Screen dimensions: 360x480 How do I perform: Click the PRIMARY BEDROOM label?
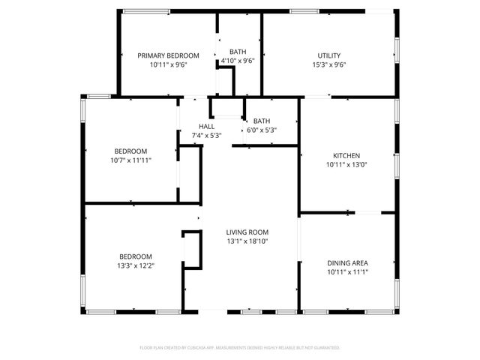click(168, 55)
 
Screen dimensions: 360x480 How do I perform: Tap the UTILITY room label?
click(329, 55)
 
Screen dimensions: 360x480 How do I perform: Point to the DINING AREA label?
click(347, 262)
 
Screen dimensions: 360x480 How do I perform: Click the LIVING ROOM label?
click(247, 232)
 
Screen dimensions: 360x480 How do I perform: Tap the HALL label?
click(207, 126)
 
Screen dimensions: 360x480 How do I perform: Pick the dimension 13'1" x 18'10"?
click(247, 241)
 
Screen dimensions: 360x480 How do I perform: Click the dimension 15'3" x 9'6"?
click(329, 64)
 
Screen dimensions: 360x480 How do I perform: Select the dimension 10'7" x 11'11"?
click(130, 160)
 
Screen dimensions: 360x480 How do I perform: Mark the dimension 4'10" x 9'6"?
click(238, 61)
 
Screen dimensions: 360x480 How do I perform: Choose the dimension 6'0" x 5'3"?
click(262, 130)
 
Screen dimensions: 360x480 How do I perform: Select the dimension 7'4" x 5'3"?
click(207, 135)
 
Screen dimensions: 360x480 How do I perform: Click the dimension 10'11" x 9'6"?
click(168, 64)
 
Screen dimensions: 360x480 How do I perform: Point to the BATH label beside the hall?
click(262, 121)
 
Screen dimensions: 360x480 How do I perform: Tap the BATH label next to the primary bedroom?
click(238, 52)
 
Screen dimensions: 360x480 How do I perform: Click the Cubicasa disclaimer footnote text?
click(240, 348)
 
